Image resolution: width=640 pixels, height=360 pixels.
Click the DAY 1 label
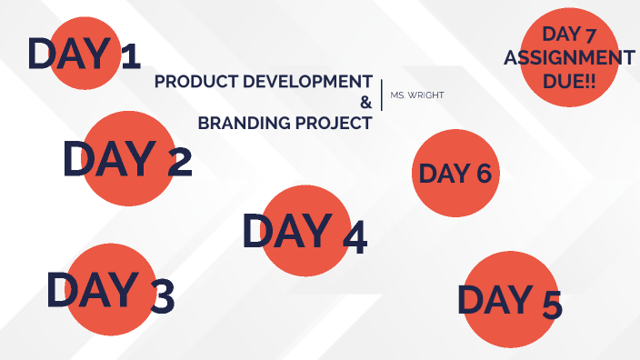coord(84,55)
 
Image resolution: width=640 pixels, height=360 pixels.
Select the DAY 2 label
coord(127,159)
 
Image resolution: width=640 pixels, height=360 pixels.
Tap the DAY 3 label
coord(110,292)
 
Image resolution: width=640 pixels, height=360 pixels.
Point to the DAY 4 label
coord(305,233)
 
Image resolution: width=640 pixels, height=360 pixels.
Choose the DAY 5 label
coord(509,300)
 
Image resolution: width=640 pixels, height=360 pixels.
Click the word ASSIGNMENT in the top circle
coord(569,57)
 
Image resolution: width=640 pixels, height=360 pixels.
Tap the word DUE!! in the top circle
coord(569,79)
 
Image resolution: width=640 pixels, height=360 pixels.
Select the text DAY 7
coord(569,35)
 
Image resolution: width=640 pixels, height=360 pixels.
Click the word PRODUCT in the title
coord(189,82)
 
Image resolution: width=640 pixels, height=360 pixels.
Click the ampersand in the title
coord(365,102)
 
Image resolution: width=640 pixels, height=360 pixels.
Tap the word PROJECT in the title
coord(332,123)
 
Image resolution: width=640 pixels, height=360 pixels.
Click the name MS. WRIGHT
coord(416,95)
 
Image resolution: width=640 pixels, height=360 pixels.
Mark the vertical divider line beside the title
coord(382,94)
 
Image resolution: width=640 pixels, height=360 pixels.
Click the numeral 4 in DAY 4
coord(354,237)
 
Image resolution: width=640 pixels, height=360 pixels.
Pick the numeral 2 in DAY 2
coord(179,163)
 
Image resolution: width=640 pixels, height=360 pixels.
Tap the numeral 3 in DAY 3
coord(161,296)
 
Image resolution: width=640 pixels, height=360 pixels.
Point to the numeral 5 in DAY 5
coord(550,305)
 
